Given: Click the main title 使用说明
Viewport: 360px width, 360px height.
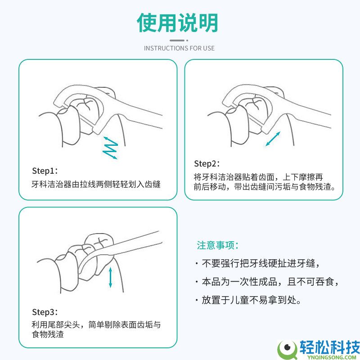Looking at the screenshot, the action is tap(177, 23).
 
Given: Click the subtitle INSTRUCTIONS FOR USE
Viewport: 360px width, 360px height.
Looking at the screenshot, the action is tap(179, 48).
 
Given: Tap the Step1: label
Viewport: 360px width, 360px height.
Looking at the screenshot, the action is tap(45, 171).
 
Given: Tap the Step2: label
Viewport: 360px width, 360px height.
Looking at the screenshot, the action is tap(207, 164).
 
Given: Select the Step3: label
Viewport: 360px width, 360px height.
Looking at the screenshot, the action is tap(45, 312).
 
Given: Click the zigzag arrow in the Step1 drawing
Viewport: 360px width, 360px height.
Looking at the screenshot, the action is tap(110, 148).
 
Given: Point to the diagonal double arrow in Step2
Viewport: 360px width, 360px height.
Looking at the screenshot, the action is tap(273, 139).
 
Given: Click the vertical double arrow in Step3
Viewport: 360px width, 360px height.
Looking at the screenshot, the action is tap(110, 277).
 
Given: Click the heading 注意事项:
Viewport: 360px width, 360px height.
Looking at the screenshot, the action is tap(217, 245).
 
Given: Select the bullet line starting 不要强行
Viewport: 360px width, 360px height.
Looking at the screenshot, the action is tap(257, 263).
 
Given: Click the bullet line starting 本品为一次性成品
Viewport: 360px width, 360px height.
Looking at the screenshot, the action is tap(267, 282).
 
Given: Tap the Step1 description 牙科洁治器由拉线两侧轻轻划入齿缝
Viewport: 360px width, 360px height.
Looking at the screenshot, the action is tap(96, 184).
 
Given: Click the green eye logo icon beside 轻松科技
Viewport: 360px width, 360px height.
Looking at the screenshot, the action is tap(287, 350).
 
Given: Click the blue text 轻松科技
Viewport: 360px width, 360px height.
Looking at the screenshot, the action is tap(329, 347).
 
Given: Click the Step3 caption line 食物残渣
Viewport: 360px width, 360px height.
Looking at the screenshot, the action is tap(48, 334).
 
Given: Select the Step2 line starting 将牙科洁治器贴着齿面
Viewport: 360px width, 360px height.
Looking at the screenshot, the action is tap(258, 177).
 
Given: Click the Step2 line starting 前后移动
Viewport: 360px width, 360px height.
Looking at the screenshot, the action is tap(265, 187).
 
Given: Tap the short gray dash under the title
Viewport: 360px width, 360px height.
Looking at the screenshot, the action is tap(177, 40).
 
